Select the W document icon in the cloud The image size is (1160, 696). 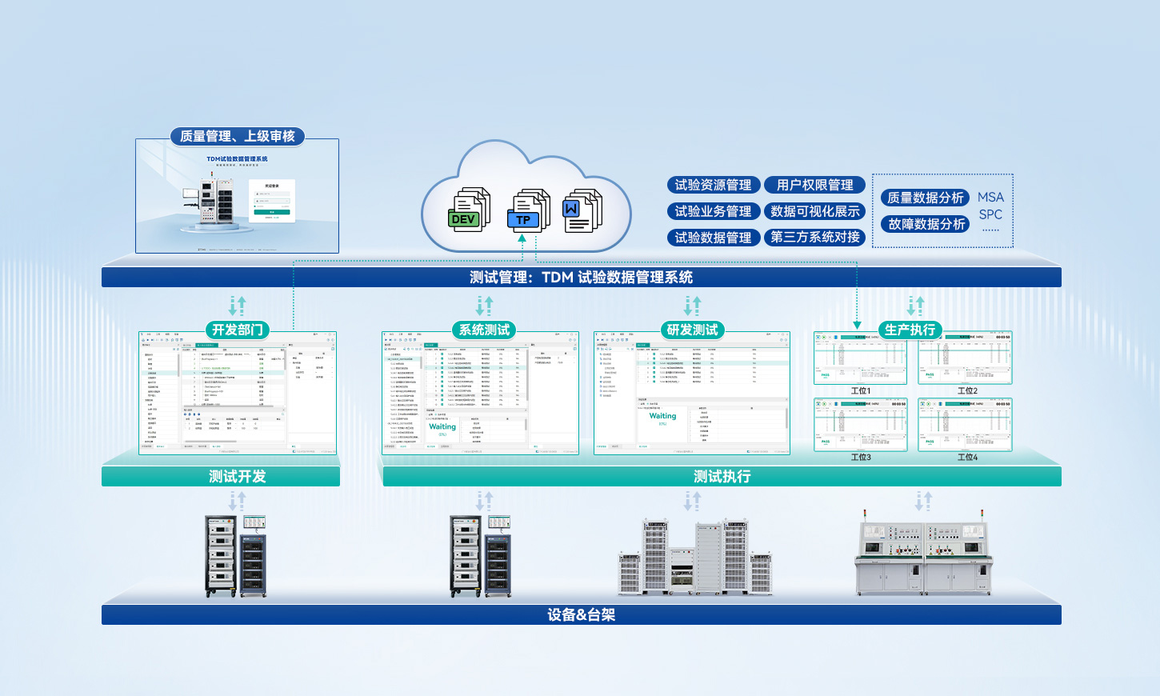tap(582, 211)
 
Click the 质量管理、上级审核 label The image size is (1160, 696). tap(238, 137)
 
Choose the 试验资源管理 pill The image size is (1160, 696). tap(713, 185)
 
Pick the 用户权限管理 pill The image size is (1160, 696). tap(814, 185)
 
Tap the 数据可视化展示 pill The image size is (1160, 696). tap(814, 211)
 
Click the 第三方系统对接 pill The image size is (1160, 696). tap(814, 238)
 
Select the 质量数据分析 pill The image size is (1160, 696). tap(925, 198)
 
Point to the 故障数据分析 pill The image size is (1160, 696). tap(925, 224)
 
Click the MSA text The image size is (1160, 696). tap(990, 198)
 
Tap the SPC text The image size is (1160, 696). tap(990, 214)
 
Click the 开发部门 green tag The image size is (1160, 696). tap(238, 330)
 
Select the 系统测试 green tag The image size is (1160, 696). tap(484, 330)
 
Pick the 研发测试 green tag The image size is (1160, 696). tap(692, 330)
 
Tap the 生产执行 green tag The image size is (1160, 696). tap(910, 330)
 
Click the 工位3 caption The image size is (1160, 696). tap(861, 458)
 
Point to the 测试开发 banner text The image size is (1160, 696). tap(238, 477)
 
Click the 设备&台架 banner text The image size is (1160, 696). tap(582, 615)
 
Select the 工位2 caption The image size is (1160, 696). tap(967, 391)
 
